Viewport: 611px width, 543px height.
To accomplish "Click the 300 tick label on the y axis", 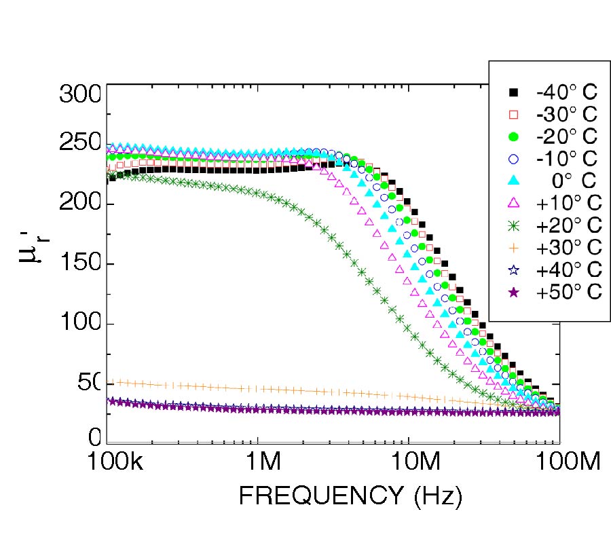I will pyautogui.click(x=80, y=94).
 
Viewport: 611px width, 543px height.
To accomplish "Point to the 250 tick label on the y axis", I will pyautogui.click(x=80, y=145).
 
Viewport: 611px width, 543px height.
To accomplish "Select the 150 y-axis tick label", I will pyautogui.click(x=80, y=264).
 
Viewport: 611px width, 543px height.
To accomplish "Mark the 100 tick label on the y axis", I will pyautogui.click(x=80, y=324).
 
